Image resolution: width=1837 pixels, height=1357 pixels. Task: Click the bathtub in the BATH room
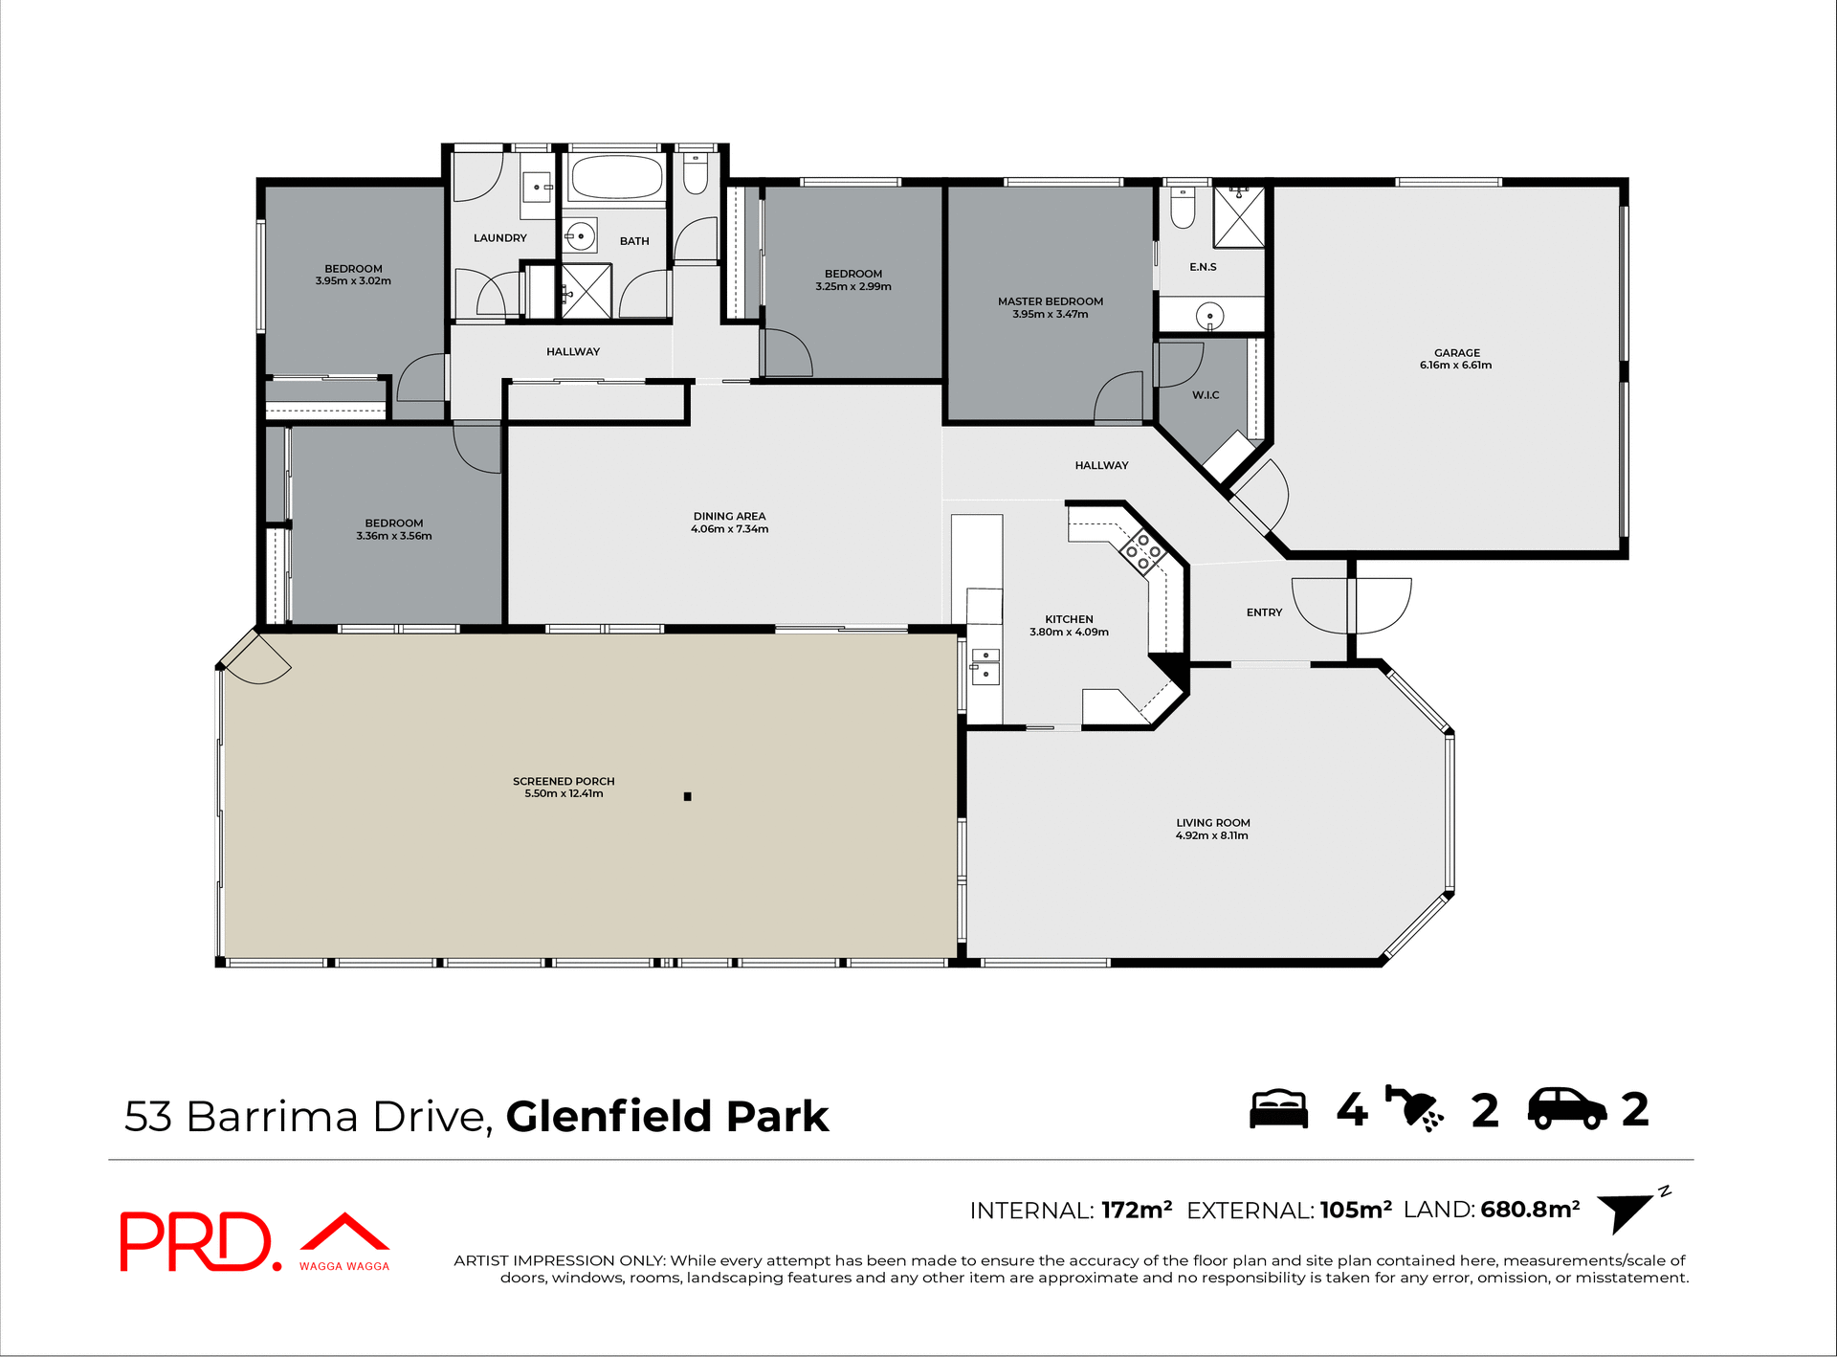[616, 177]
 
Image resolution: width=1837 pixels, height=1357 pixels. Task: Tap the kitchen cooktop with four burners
[1142, 552]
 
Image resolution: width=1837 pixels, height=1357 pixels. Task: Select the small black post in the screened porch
[687, 796]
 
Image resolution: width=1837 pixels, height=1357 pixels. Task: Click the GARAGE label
[1456, 352]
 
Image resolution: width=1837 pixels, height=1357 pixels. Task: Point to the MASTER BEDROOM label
[1050, 301]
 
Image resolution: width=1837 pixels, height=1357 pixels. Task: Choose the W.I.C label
[1205, 395]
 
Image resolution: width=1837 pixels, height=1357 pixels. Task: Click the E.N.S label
[1203, 267]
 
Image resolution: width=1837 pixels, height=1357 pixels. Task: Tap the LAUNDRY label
[499, 237]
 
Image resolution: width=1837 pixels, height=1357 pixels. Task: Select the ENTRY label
[1263, 612]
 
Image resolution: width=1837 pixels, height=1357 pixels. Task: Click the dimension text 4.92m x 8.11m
[1211, 835]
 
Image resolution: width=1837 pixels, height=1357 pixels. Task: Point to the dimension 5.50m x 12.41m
[564, 793]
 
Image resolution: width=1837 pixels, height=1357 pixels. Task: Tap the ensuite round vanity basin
[1210, 315]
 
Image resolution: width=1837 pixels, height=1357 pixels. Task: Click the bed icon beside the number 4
[1278, 1109]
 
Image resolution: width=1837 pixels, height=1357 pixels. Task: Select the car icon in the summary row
[1566, 1109]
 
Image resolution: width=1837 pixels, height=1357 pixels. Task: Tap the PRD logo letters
[196, 1241]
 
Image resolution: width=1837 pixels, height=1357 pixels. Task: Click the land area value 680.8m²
[1529, 1210]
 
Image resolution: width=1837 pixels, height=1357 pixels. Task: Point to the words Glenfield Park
[667, 1116]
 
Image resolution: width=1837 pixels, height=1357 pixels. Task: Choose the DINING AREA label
[729, 516]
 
